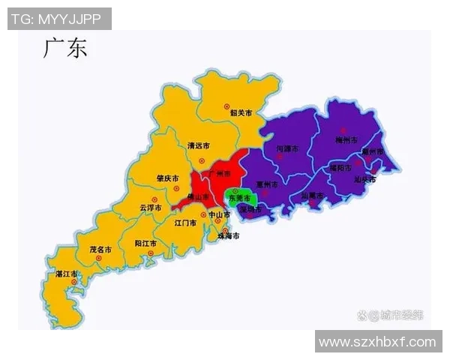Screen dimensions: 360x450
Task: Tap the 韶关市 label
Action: tap(240, 113)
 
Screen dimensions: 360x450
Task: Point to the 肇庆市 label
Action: tap(166, 178)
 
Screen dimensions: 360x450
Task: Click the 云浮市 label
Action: tap(151, 208)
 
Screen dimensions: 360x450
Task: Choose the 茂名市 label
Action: tap(100, 248)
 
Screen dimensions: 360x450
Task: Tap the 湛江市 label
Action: tap(67, 274)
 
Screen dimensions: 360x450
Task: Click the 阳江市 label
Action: tap(145, 244)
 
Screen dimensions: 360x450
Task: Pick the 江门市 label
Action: tap(184, 223)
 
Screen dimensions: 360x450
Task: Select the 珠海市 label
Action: tap(228, 236)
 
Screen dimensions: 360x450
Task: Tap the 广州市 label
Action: tap(221, 173)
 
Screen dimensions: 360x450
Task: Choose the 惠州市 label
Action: tap(267, 184)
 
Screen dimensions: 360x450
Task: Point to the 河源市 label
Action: tap(288, 148)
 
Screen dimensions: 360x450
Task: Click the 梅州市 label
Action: tap(344, 139)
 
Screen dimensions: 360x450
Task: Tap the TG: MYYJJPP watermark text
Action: tap(58, 19)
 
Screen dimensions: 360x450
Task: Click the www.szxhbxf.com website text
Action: tap(377, 341)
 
